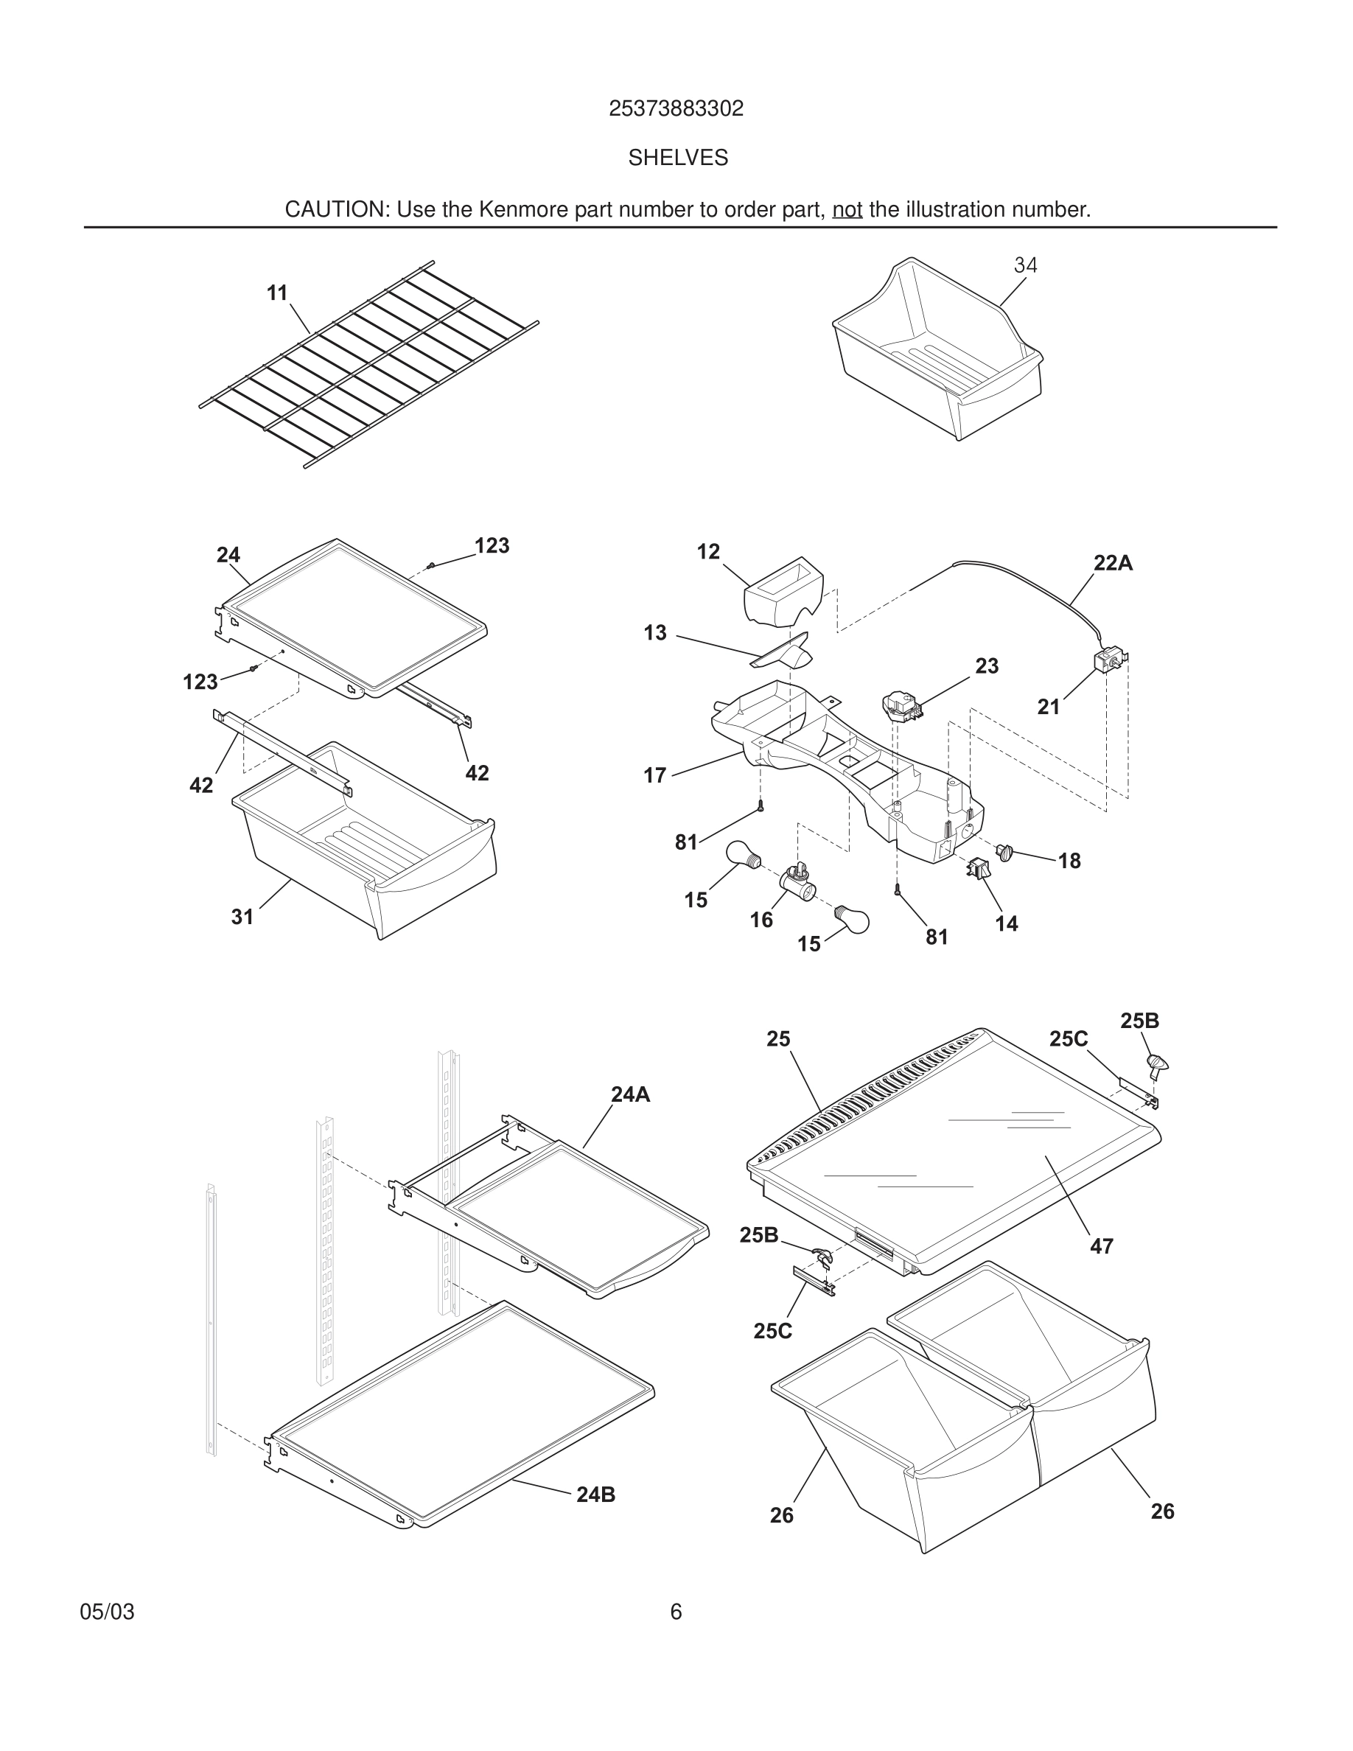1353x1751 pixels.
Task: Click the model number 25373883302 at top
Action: (x=676, y=108)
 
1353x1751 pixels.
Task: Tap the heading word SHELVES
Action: (x=677, y=158)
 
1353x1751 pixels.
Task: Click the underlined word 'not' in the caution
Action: (x=847, y=210)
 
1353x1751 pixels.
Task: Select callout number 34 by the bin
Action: (x=1025, y=265)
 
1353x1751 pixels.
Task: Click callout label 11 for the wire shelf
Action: (x=276, y=293)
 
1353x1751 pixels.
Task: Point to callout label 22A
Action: (x=1113, y=564)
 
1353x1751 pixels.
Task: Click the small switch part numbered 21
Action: (x=1108, y=662)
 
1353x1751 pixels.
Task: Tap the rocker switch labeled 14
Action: (x=977, y=867)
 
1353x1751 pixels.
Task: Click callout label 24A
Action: (x=630, y=1094)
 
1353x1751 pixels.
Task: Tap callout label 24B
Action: (x=595, y=1495)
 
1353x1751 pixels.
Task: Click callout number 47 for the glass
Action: (x=1101, y=1246)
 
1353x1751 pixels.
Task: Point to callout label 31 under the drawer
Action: (x=242, y=916)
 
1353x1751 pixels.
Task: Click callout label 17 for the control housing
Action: (x=655, y=775)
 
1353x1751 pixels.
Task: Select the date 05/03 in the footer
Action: (x=108, y=1612)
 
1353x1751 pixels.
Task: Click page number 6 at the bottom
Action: (x=676, y=1612)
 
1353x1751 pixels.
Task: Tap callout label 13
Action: (x=655, y=633)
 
